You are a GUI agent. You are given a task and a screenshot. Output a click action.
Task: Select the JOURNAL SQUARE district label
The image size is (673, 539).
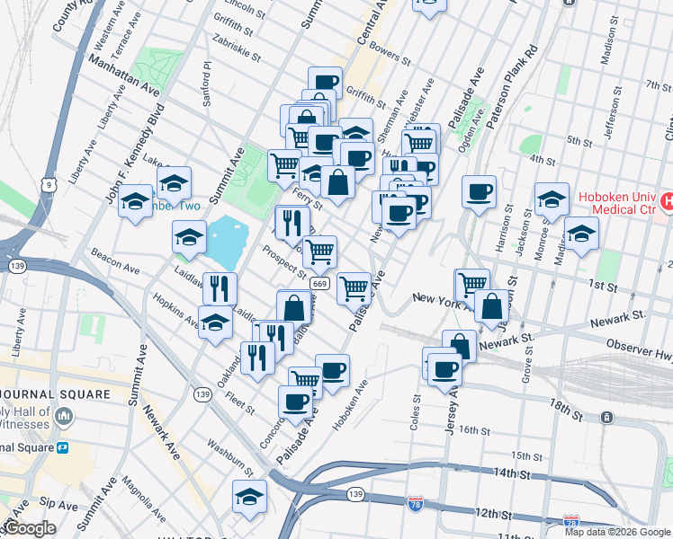[54, 393]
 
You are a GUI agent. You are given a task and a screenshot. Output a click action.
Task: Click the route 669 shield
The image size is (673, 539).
[319, 283]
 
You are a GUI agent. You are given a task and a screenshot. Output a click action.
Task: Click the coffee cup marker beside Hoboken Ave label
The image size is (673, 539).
[332, 369]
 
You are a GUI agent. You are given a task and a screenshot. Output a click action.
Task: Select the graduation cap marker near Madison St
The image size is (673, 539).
[581, 233]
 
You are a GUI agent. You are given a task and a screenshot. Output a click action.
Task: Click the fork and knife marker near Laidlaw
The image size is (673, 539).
[220, 288]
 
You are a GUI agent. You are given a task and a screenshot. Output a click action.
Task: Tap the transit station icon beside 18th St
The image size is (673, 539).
[607, 418]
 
